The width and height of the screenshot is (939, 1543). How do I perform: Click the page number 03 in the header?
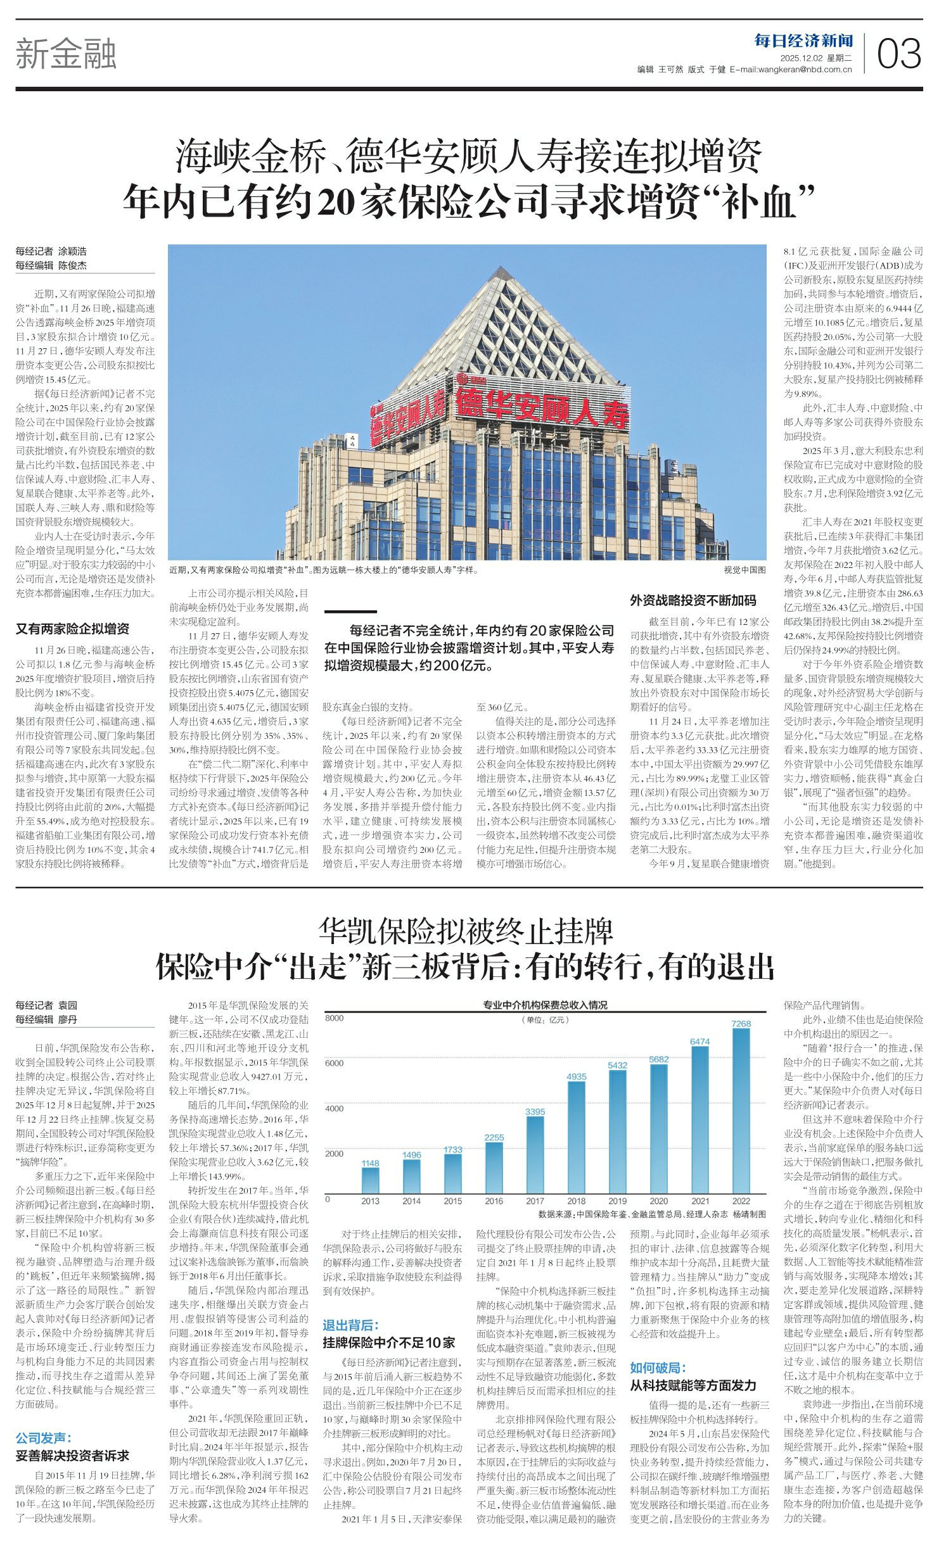[x=898, y=54]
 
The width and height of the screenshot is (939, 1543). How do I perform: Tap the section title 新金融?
[x=66, y=53]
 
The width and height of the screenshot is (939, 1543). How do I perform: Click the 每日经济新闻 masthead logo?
[x=803, y=41]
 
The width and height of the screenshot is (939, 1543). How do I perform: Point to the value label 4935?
[x=576, y=1076]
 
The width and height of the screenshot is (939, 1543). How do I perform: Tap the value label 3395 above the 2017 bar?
[x=535, y=1112]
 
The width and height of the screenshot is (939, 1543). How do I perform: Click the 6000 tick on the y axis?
[x=335, y=1064]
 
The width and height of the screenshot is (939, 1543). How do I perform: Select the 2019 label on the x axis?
[x=617, y=1201]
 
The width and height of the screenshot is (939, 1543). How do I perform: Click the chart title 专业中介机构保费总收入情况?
[x=545, y=1005]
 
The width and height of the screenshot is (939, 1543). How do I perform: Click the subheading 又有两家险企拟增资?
[x=72, y=629]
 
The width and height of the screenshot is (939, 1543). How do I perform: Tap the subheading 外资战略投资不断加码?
[x=693, y=600]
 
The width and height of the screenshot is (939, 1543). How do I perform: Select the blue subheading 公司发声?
[x=44, y=1438]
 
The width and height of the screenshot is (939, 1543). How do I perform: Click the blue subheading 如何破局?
[x=658, y=1368]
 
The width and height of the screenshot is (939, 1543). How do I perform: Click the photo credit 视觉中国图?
[x=744, y=570]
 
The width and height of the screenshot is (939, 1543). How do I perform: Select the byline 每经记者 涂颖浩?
[x=51, y=251]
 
